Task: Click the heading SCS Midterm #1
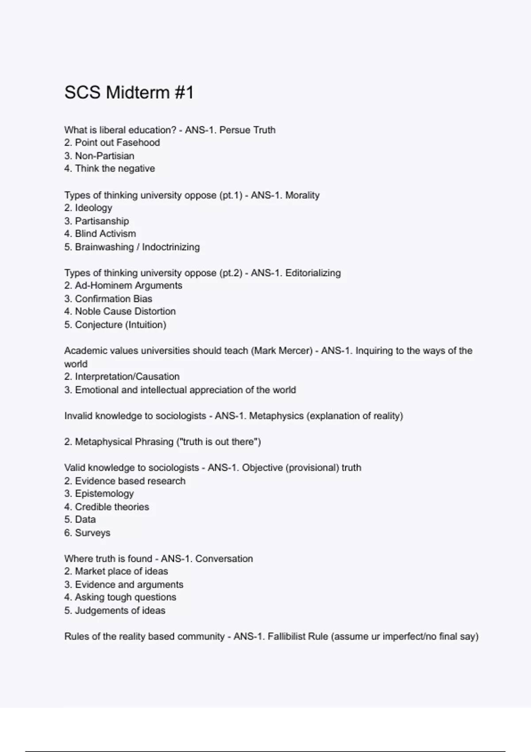point(129,93)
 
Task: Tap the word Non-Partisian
point(104,156)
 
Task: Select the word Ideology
point(93,207)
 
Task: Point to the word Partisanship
point(102,221)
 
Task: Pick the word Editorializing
point(313,273)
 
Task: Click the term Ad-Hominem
point(99,285)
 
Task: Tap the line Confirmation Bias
point(113,299)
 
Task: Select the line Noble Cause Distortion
point(125,311)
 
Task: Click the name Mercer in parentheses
point(296,351)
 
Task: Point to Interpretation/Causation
point(127,376)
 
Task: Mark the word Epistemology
point(104,493)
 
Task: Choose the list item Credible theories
point(112,506)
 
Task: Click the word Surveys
point(92,533)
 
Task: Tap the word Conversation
point(224,559)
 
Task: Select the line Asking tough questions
point(125,597)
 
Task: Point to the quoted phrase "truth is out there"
point(219,441)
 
